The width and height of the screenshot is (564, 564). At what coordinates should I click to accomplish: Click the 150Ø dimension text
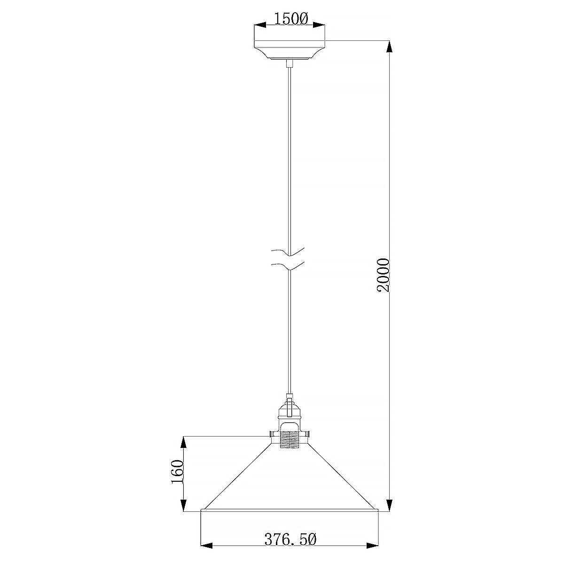290,19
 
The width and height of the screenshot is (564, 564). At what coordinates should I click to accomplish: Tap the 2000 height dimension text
384,275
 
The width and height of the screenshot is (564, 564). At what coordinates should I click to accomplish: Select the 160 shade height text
177,472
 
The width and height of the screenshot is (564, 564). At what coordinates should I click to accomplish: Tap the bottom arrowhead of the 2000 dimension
389,505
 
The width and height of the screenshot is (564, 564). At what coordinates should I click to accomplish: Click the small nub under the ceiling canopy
290,63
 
